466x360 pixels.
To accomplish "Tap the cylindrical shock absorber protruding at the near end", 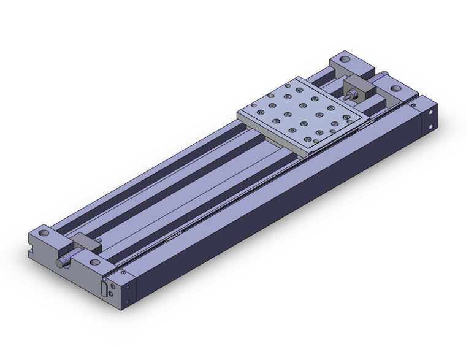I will coord(62,262).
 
